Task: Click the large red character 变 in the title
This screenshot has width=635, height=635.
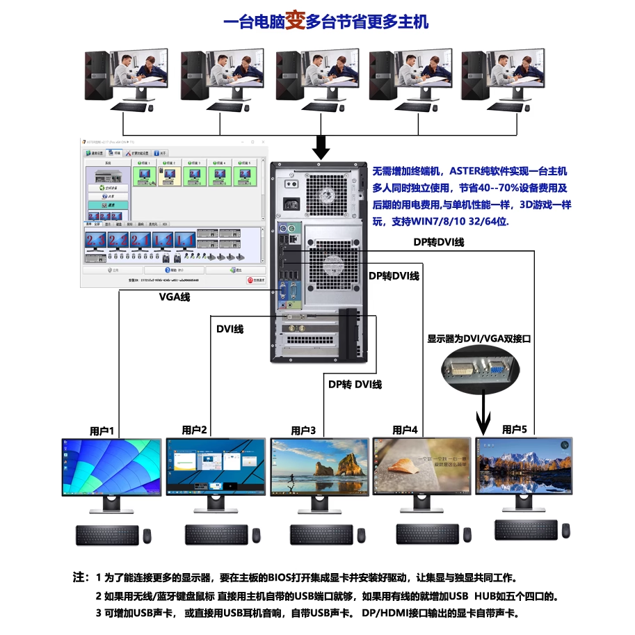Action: click(296, 20)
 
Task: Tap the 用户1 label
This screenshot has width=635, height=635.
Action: click(102, 431)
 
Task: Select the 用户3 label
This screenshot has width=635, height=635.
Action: click(303, 431)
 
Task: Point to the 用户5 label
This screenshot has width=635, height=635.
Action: click(514, 429)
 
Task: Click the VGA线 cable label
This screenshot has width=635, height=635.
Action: click(174, 297)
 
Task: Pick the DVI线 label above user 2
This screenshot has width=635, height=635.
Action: click(230, 329)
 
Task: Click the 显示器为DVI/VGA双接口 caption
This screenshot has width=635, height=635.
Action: click(479, 339)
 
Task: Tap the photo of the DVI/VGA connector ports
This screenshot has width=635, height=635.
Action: click(480, 369)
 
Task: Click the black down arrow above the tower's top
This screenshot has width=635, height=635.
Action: click(321, 147)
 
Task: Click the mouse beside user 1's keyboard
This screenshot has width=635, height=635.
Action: click(147, 536)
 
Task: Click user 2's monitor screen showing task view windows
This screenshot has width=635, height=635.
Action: click(216, 467)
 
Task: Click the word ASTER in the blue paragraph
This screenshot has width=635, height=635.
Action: click(465, 170)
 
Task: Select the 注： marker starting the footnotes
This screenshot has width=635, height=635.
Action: click(81, 578)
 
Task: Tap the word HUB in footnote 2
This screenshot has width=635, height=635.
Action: click(485, 596)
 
